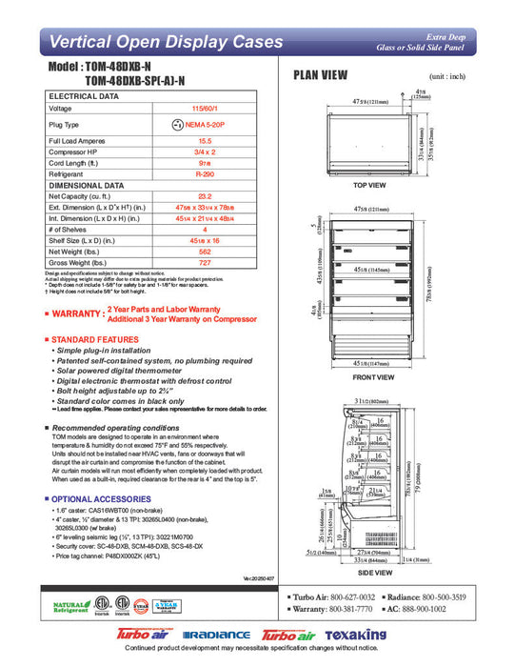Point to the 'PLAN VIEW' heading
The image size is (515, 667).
pos(321,75)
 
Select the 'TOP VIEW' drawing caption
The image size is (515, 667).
pos(367,185)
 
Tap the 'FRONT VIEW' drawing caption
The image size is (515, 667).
pos(367,377)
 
